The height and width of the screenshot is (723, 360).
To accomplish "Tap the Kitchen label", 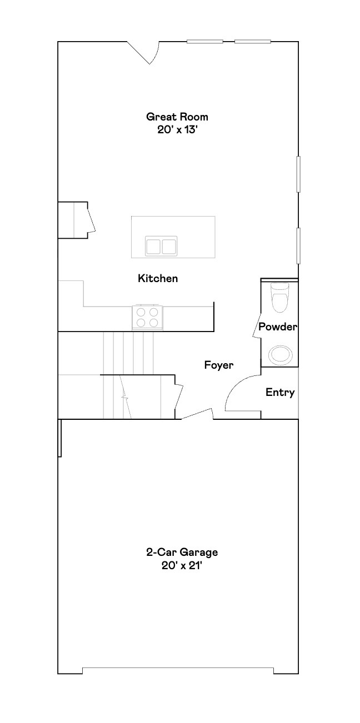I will click(x=158, y=278).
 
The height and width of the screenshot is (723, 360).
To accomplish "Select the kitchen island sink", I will click(x=161, y=245).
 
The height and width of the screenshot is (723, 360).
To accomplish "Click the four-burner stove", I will click(x=148, y=317).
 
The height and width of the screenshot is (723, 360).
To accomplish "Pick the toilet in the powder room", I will click(x=279, y=298).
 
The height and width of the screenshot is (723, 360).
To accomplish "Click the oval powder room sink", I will click(x=279, y=354).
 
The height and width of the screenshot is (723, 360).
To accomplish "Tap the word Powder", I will click(x=278, y=327).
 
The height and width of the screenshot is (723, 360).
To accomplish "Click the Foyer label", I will click(x=218, y=365).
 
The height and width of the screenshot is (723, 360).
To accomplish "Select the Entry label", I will click(x=280, y=393).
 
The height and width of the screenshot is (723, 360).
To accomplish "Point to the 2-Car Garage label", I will click(x=182, y=553).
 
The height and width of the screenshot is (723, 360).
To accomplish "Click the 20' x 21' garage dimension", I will click(x=182, y=566).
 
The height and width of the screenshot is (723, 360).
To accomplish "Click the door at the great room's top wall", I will click(x=146, y=52).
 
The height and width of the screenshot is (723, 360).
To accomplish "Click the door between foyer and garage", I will click(x=196, y=414).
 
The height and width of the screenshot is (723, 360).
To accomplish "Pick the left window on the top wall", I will click(x=204, y=41).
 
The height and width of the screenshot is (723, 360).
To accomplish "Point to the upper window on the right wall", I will click(x=298, y=174).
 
